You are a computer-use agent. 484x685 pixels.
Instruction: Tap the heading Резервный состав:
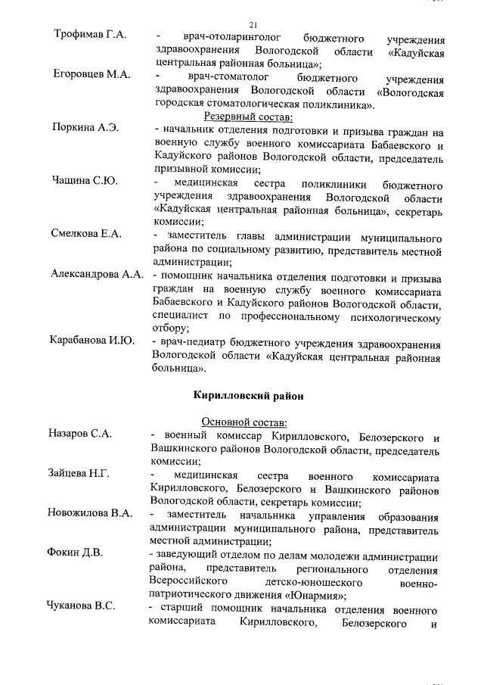point(249,117)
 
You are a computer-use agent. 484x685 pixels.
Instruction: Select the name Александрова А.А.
point(98,273)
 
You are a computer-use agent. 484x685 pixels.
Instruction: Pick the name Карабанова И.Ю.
point(92,341)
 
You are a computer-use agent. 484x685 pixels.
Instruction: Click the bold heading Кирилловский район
point(248,394)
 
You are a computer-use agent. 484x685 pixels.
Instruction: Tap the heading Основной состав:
point(249,422)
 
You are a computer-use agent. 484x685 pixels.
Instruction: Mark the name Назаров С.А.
point(79,434)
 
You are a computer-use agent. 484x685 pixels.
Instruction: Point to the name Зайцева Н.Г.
point(79,474)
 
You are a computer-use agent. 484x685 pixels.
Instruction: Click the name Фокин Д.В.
point(75,554)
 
